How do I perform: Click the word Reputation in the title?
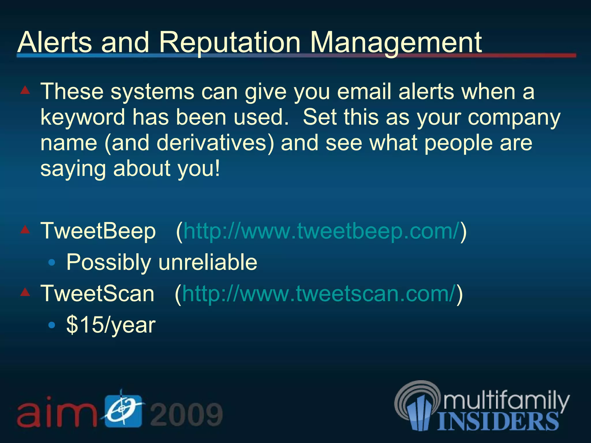tap(230, 43)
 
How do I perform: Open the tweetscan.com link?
tap(319, 294)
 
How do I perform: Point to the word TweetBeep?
tap(98, 231)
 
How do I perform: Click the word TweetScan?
tap(98, 294)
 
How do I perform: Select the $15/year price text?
tap(111, 325)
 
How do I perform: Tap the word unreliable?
tap(208, 262)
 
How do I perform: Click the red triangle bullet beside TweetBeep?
tap(25, 230)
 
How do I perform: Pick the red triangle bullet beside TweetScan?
tap(25, 292)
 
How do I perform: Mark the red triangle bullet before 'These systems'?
tap(25, 90)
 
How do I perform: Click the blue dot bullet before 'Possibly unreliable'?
tap(52, 262)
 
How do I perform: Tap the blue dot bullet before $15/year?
tap(52, 325)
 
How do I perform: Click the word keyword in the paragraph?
tap(83, 117)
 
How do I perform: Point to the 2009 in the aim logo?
tap(186, 414)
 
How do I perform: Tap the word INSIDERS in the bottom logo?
tap(498, 421)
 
